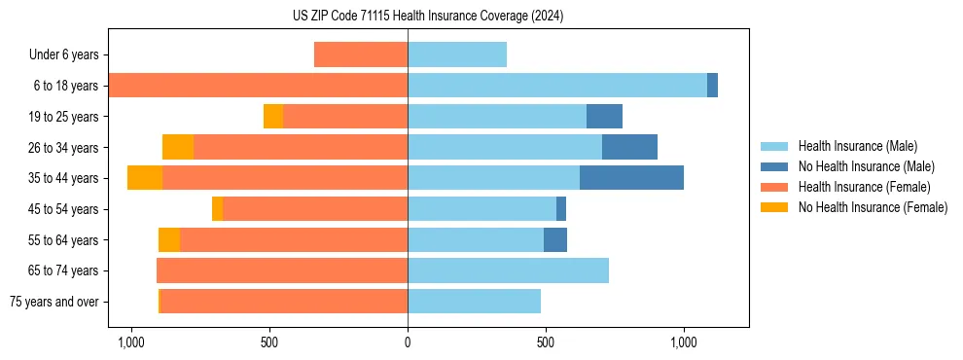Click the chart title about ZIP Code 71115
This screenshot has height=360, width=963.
pyautogui.click(x=428, y=16)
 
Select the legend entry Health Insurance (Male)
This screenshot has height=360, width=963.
pyautogui.click(x=857, y=146)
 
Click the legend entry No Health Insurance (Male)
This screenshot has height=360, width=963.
pyautogui.click(x=866, y=166)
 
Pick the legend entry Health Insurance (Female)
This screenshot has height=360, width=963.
pyautogui.click(x=864, y=187)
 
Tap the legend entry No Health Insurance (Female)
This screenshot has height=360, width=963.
pyautogui.click(x=873, y=207)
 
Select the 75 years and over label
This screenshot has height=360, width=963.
pyautogui.click(x=53, y=302)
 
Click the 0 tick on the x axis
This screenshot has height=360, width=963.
pyautogui.click(x=408, y=342)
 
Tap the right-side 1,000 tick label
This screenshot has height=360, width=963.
pyautogui.click(x=684, y=342)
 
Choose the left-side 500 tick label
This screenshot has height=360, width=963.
pyautogui.click(x=269, y=342)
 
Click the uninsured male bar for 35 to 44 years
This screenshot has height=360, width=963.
pyautogui.click(x=631, y=178)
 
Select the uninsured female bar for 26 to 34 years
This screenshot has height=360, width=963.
pyautogui.click(x=178, y=147)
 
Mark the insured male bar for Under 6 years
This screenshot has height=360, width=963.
pyautogui.click(x=457, y=54)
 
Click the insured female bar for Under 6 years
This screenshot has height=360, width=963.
pyautogui.click(x=361, y=54)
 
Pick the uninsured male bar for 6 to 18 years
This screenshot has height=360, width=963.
pyautogui.click(x=712, y=86)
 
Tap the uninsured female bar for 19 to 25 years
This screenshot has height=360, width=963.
pyautogui.click(x=273, y=117)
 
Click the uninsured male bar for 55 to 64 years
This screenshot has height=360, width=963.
pyautogui.click(x=555, y=239)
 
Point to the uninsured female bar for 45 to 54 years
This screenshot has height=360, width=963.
pyautogui.click(x=217, y=209)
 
